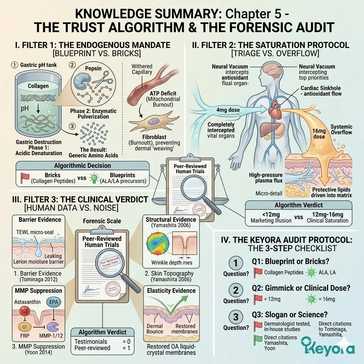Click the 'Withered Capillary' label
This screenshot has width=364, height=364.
pyautogui.click(x=142, y=69)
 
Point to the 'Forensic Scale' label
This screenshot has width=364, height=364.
pyautogui.click(x=102, y=221)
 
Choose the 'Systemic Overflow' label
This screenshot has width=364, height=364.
pyautogui.click(x=341, y=129)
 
